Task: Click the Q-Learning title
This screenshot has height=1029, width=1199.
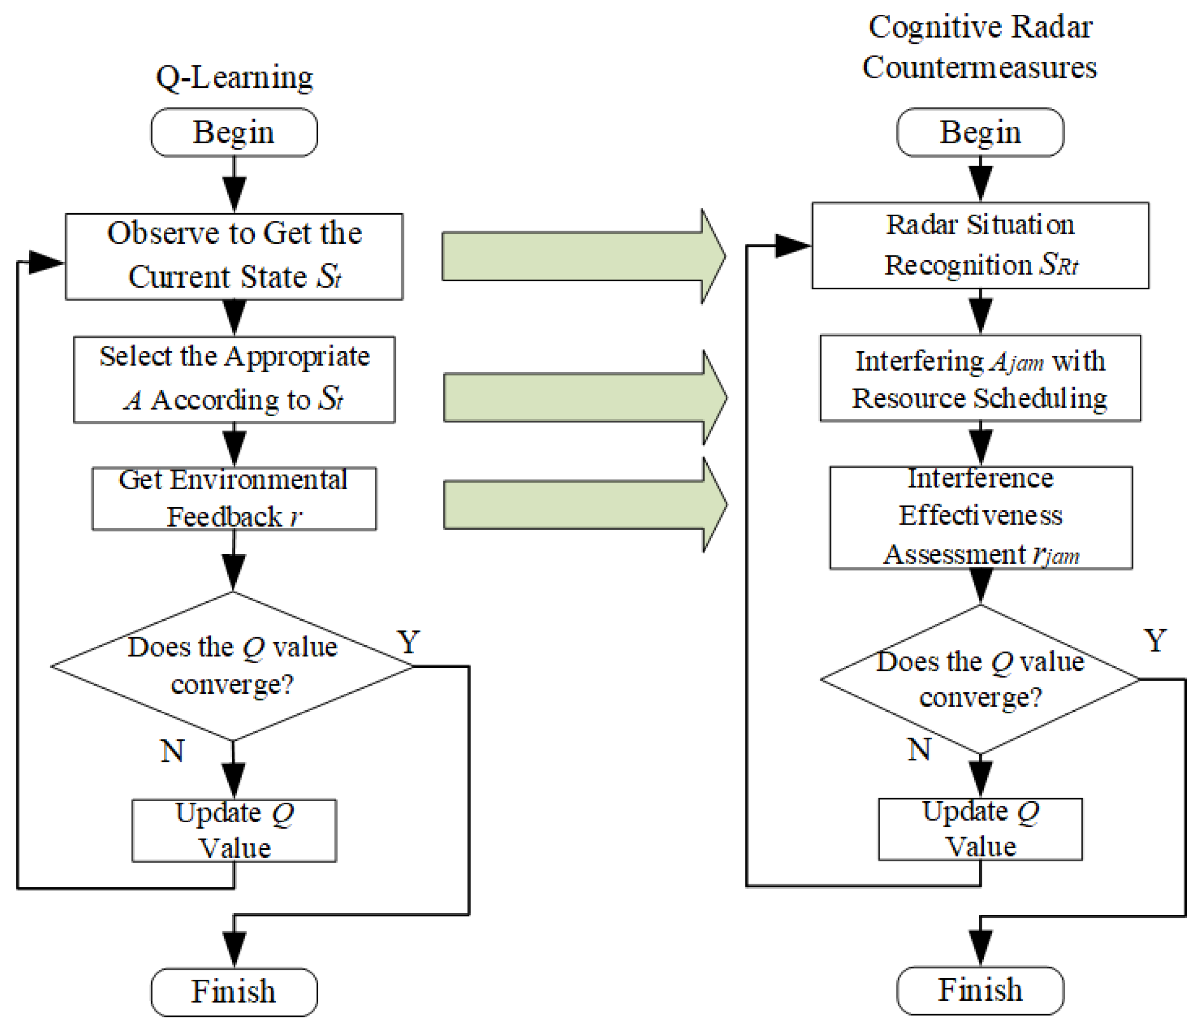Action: [234, 77]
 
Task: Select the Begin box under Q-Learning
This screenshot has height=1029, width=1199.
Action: [234, 133]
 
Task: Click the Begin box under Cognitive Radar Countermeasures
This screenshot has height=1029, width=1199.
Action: [980, 133]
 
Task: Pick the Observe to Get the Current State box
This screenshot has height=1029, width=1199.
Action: [234, 256]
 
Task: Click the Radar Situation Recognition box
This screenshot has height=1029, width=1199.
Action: [980, 245]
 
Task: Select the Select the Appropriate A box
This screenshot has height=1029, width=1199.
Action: [234, 379]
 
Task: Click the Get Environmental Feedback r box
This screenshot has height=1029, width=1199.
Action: [234, 498]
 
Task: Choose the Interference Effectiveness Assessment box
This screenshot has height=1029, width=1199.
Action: [980, 517]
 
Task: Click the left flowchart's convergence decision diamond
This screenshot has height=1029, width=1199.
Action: [233, 666]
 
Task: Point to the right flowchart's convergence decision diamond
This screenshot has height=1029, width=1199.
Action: [980, 679]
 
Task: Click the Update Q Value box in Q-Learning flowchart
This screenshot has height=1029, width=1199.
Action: [234, 831]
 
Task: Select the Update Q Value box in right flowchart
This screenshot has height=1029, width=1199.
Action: [980, 829]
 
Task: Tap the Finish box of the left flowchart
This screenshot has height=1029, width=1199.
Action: [234, 992]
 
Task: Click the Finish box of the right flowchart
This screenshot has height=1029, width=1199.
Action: [980, 990]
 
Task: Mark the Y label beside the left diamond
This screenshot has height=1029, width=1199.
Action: [409, 642]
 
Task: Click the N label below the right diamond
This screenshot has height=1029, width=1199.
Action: [919, 749]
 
